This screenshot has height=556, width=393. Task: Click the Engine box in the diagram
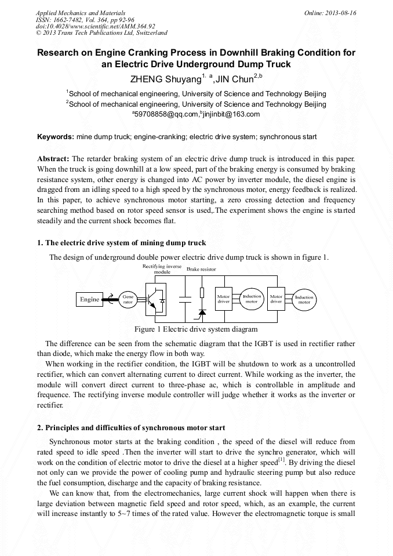90,299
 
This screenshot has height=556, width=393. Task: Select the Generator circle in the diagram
128,299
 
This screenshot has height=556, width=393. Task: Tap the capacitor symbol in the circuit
185,299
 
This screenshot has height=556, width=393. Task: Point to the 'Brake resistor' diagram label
201,270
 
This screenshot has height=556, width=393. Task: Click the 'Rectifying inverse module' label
158,268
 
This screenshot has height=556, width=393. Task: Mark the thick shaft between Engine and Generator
111,299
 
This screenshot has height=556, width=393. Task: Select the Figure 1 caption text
196,329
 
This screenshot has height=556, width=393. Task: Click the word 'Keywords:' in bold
56,137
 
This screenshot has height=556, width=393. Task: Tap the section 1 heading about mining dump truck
121,242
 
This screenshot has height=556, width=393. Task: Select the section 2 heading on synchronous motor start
131,428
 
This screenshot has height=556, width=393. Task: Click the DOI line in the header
95,26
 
